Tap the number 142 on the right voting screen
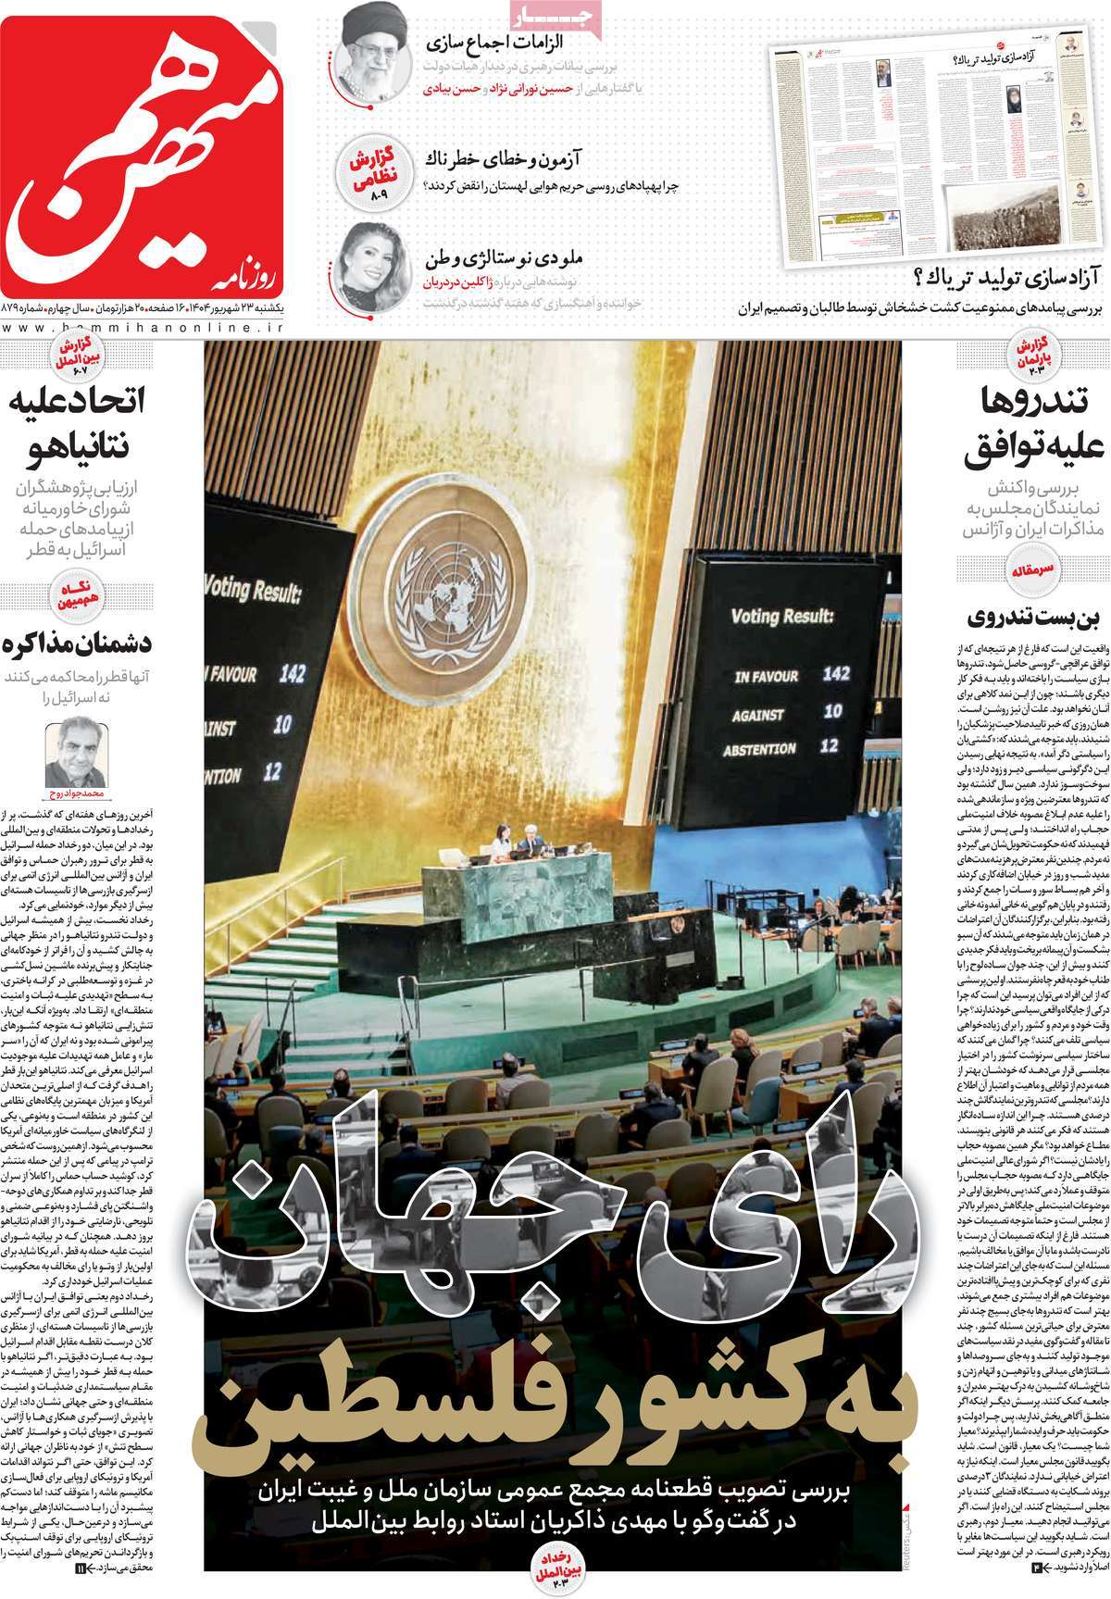(x=835, y=673)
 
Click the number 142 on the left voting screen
(x=292, y=672)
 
